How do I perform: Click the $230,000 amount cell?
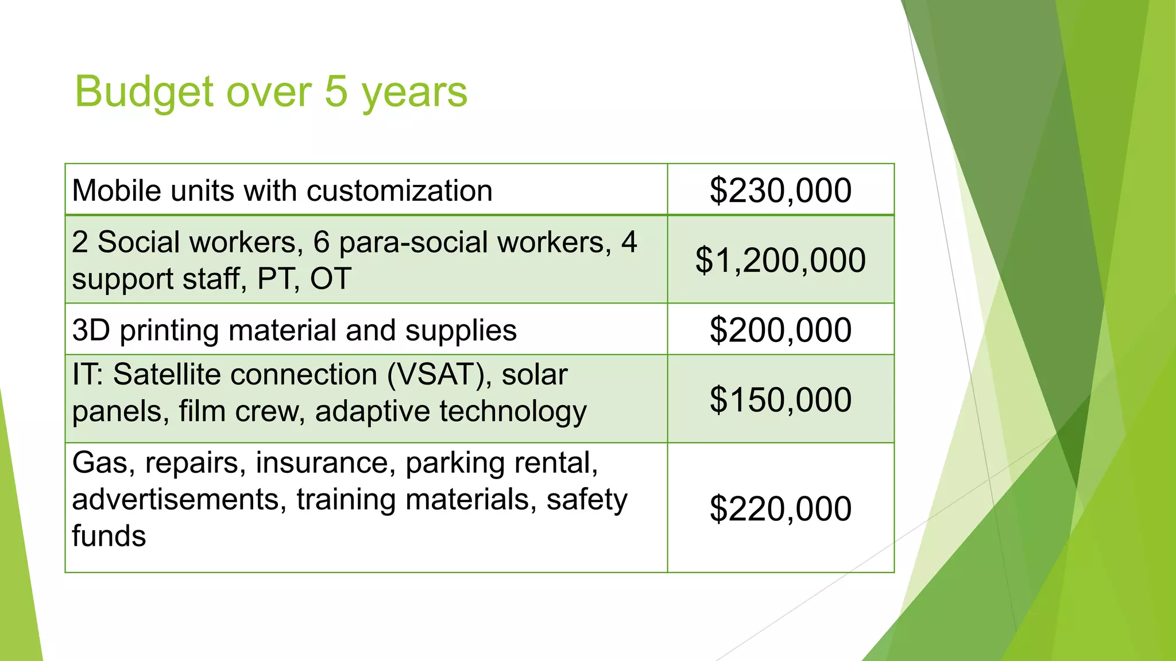780,190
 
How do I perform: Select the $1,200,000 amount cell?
780,260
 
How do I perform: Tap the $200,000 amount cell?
780,330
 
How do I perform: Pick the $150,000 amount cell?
780,399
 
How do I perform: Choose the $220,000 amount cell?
780,508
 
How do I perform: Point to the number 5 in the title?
336,91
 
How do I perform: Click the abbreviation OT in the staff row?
330,279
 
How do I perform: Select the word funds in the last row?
109,536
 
